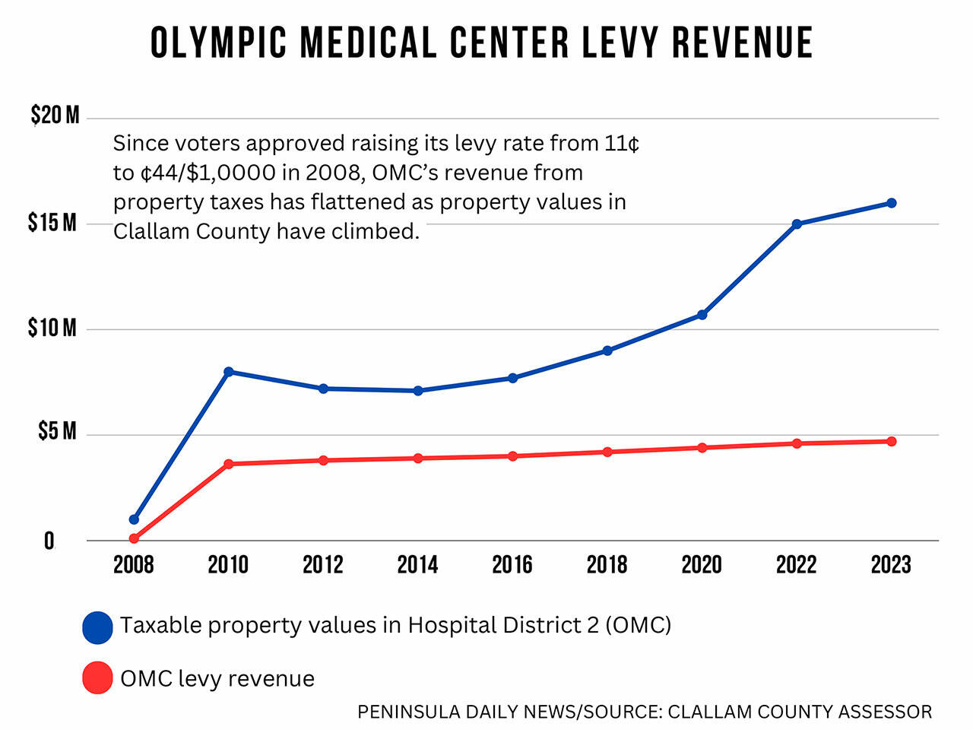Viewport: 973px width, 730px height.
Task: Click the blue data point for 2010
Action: [228, 372]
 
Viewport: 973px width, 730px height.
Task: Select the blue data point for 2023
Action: [891, 203]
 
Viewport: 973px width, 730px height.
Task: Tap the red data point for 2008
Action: [134, 538]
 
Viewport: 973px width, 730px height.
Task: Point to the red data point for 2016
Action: [512, 456]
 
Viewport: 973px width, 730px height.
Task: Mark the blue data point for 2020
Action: [702, 315]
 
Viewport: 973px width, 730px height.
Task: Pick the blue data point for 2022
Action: [797, 224]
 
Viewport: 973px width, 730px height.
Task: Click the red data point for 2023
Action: [891, 442]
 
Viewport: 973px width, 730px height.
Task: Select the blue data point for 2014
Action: [418, 391]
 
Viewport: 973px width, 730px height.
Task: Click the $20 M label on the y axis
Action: [55, 116]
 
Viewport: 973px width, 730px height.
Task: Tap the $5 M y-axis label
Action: [58, 432]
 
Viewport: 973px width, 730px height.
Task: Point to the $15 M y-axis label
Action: [53, 222]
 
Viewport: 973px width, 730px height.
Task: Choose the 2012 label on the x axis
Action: [323, 565]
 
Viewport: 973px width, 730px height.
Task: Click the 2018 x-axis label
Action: [607, 565]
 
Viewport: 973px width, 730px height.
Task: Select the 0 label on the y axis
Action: [49, 541]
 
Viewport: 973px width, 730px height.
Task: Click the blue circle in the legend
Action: [97, 627]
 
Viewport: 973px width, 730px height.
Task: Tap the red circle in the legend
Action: [97, 678]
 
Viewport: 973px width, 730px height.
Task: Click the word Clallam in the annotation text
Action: [151, 231]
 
